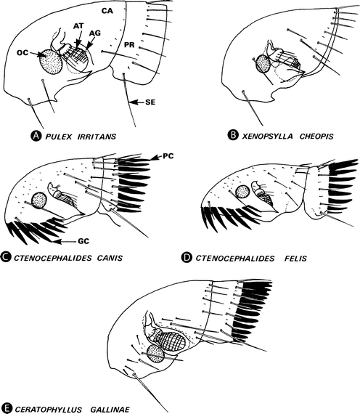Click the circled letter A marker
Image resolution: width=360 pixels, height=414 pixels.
pos(36,136)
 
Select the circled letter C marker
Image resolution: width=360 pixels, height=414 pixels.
pos(6,257)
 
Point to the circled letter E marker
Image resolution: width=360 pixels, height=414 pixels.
pos(6,409)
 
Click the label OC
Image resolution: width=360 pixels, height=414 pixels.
pos(22,53)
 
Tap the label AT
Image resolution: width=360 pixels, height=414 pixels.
pos(78,25)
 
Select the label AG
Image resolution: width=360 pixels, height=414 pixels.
pos(95,33)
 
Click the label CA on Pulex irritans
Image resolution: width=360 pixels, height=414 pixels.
pos(107,11)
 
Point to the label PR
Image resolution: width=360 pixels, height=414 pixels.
pos(130,45)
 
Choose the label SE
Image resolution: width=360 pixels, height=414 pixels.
pos(150,102)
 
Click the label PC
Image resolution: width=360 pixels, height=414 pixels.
pos(168,156)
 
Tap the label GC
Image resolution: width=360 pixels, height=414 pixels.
pos(83,241)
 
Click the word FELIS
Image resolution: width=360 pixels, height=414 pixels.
pos(295,258)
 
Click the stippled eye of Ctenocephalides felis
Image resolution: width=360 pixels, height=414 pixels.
pos(242,192)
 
